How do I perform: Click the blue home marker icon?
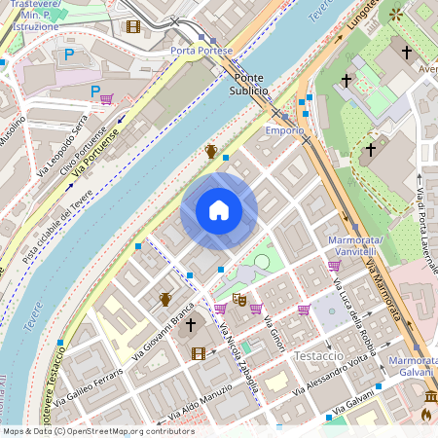click(219, 210)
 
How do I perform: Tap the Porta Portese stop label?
click(201, 50)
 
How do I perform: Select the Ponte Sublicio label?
click(249, 84)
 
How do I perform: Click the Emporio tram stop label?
click(285, 129)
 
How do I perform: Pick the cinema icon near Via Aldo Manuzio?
click(200, 353)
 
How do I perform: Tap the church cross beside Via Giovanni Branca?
click(192, 324)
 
